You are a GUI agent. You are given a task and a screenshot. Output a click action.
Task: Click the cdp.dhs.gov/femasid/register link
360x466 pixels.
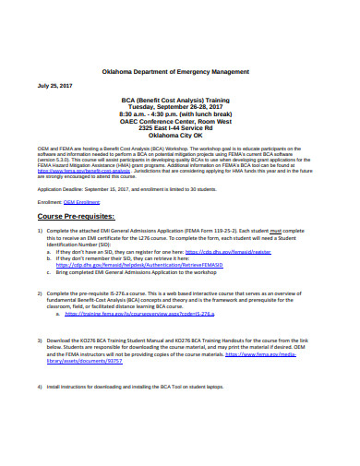(x=228, y=250)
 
